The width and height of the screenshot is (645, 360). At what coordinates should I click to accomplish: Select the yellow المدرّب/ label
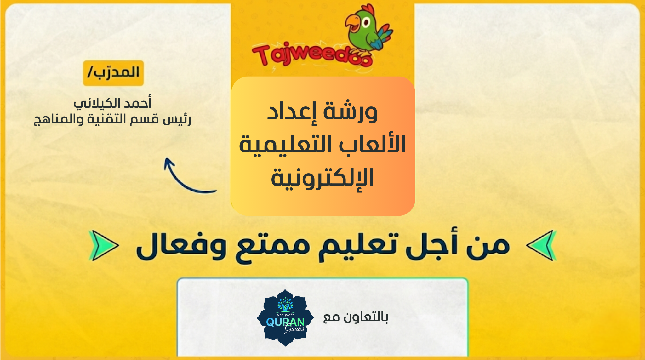click(113, 73)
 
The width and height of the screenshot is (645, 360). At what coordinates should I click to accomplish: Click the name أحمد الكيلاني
click(112, 103)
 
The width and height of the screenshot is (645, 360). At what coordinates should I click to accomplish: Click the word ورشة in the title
click(350, 112)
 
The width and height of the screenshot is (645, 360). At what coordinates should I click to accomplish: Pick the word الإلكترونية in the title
click(322, 177)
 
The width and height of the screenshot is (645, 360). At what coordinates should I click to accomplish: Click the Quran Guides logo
click(285, 317)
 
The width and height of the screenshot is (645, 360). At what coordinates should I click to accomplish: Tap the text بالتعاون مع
click(356, 317)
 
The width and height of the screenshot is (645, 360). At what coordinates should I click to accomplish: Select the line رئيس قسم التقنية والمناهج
click(112, 119)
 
